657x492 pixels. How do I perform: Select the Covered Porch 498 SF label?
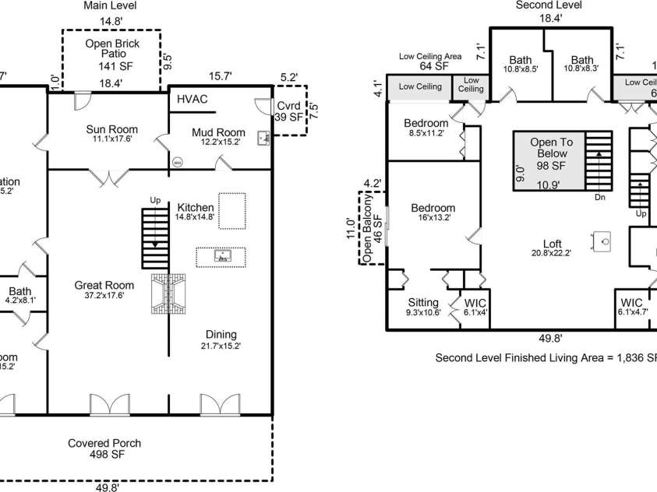[104, 448]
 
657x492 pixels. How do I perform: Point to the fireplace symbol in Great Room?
[169, 293]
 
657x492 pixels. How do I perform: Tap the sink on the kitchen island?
[221, 255]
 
